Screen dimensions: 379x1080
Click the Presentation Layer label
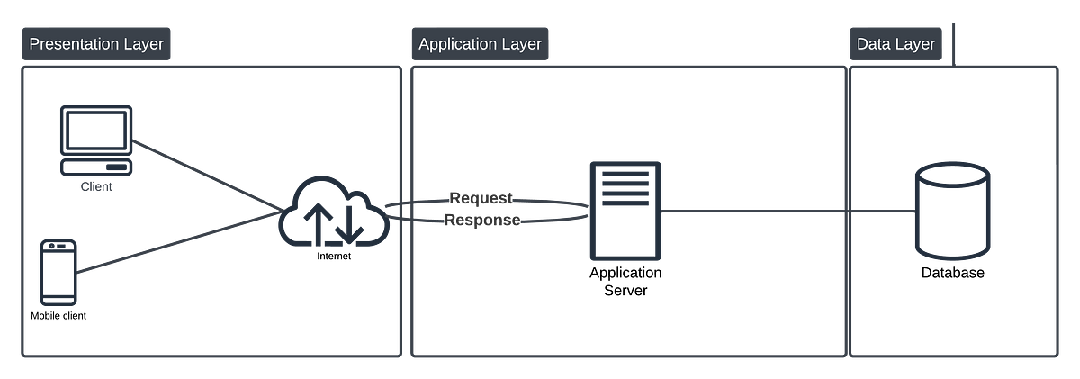(x=95, y=44)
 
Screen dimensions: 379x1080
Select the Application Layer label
(x=480, y=44)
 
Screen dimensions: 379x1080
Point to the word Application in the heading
(x=459, y=44)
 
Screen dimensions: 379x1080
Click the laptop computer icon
(x=95, y=140)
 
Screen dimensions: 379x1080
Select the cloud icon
(x=334, y=216)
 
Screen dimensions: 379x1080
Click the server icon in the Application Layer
(x=625, y=210)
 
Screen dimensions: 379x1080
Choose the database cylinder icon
(x=952, y=212)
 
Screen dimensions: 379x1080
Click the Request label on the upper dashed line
(x=481, y=196)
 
